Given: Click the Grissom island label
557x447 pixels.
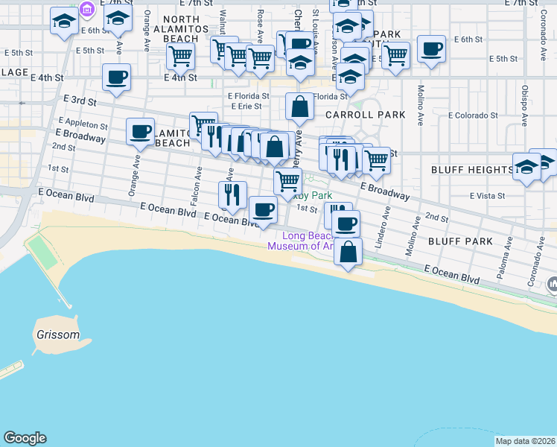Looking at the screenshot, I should coord(57,335).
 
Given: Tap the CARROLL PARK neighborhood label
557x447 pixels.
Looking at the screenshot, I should coord(365,115).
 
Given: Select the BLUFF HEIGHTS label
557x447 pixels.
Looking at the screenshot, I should coord(472,170).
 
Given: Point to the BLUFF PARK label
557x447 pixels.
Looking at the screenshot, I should coord(460,241).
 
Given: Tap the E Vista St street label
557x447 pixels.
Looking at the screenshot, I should coord(487,196).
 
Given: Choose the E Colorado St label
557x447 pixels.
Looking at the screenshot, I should coord(472,115).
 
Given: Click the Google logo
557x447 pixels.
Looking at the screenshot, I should coord(25,438).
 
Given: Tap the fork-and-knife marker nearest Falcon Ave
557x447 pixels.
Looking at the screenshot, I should coord(233,194).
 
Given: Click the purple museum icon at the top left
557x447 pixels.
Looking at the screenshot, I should coord(87,10).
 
